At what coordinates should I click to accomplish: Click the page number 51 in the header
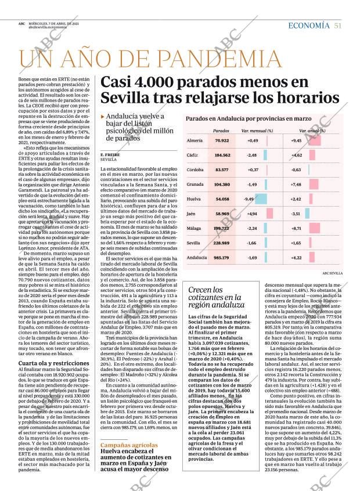337,25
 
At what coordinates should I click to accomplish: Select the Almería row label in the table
195,141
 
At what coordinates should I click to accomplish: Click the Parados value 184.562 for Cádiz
222,156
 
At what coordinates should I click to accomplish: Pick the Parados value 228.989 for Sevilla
222,243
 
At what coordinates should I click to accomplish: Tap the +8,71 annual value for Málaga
296,228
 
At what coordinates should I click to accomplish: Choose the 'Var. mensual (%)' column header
257,131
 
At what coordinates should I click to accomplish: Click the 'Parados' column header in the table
221,131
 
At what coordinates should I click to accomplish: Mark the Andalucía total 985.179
222,257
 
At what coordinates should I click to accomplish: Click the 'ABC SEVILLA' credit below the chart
333,272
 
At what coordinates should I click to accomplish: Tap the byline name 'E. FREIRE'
110,154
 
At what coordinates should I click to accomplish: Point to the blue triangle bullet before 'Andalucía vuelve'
102,117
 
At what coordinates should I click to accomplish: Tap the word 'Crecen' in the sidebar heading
199,290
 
